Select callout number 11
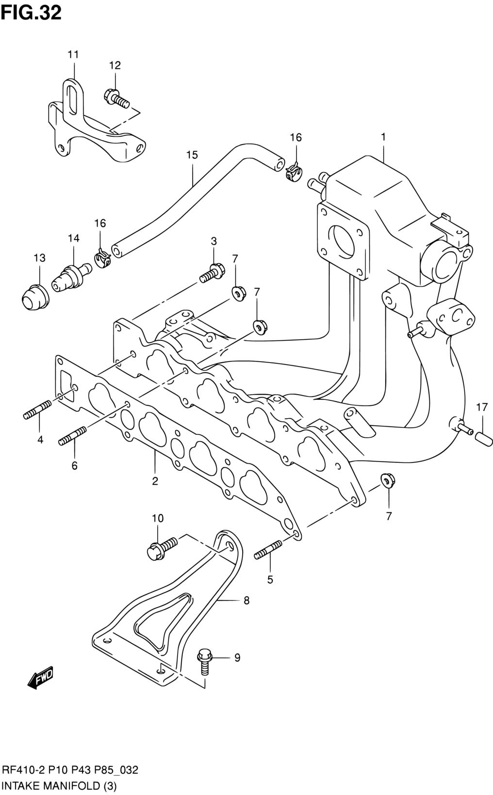pyautogui.click(x=73, y=54)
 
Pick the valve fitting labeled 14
pyautogui.click(x=71, y=277)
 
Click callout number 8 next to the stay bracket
pyautogui.click(x=246, y=601)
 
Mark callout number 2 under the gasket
pyautogui.click(x=155, y=481)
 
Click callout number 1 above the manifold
pyautogui.click(x=383, y=137)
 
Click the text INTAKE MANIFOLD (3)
pyautogui.click(x=59, y=786)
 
